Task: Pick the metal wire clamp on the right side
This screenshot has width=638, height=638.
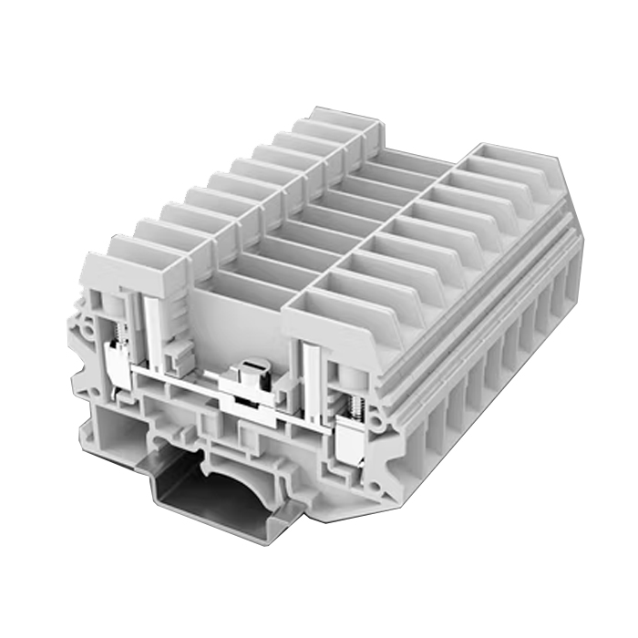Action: (351, 447)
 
